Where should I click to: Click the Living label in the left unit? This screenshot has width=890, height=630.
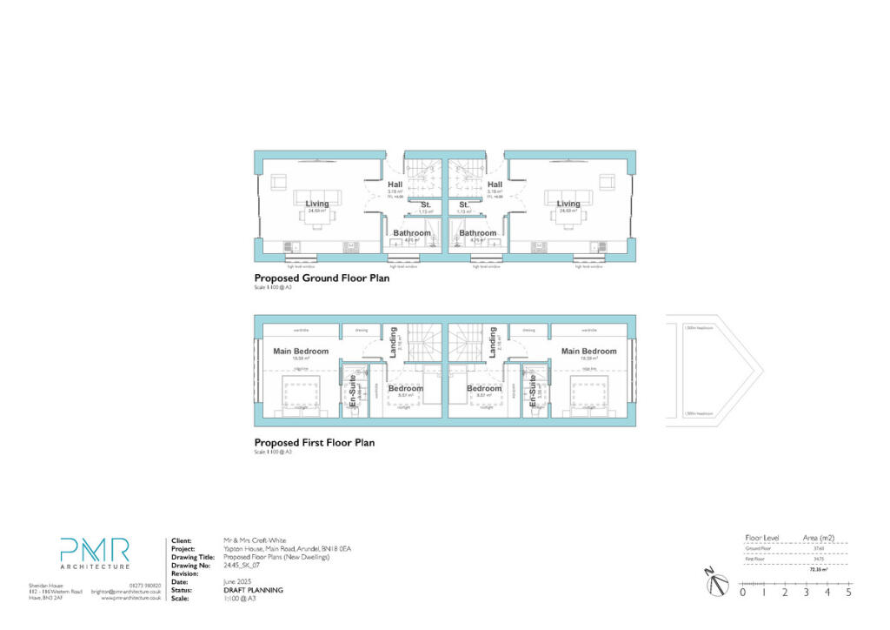click(317, 204)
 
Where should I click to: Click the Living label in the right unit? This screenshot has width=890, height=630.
click(568, 204)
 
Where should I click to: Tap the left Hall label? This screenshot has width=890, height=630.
click(395, 184)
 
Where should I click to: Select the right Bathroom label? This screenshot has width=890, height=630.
click(478, 233)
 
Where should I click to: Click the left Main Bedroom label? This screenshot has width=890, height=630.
click(301, 352)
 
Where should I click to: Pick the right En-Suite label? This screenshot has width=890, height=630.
click(531, 392)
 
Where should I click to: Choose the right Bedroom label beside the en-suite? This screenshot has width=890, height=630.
click(483, 388)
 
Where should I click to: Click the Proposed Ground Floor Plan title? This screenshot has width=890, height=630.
click(322, 278)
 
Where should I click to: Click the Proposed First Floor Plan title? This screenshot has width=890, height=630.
click(314, 443)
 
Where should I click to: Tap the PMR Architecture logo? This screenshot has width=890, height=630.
click(95, 555)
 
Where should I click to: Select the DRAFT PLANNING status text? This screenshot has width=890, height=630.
click(253, 590)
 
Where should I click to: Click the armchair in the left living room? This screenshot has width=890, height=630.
click(280, 182)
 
